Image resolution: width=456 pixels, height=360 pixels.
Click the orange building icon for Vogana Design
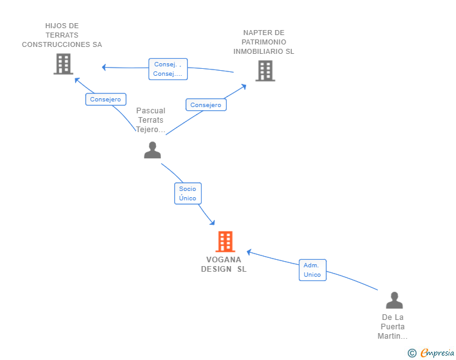point(225,242)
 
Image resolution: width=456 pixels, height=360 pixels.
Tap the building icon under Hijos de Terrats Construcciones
point(63,64)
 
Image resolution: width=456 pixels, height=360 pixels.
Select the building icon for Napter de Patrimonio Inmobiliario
point(265,71)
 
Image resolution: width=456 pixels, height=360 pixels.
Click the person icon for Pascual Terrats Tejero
point(152,150)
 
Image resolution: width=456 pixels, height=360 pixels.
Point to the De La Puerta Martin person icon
point(395,300)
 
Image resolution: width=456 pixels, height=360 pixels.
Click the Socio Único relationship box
point(188,193)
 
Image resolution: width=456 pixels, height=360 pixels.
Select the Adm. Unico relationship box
point(313,270)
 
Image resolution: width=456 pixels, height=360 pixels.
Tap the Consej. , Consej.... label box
point(168,69)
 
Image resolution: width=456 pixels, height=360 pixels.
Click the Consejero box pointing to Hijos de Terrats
point(106,99)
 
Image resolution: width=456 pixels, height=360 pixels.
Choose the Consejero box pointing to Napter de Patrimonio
point(206,105)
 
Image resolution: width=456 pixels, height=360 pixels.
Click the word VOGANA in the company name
point(224,260)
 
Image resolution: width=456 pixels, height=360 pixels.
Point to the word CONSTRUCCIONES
point(56,44)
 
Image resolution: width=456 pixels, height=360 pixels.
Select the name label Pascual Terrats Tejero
point(150,120)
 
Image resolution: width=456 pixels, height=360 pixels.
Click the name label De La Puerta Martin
point(393,327)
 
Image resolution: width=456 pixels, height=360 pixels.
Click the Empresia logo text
point(437,353)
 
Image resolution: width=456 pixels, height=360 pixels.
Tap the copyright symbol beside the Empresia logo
point(412,353)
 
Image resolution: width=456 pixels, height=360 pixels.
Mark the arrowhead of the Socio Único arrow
point(212,223)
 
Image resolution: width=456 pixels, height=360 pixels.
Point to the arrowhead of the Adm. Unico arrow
point(249,252)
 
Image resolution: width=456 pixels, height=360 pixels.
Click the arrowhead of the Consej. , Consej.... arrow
point(104,67)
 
